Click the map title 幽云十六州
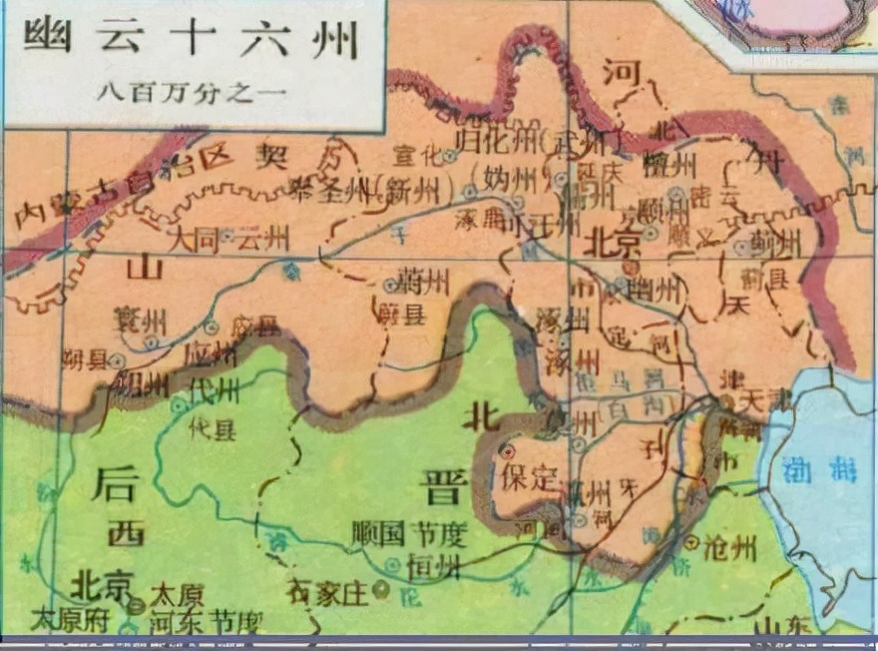coord(190,41)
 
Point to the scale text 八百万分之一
coord(193,92)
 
